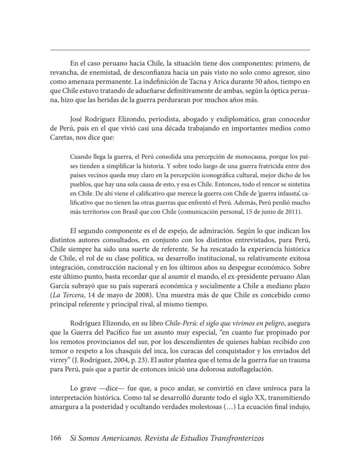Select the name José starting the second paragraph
pyautogui.click(x=77, y=119)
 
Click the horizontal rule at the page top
pyautogui.click(x=180, y=50)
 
